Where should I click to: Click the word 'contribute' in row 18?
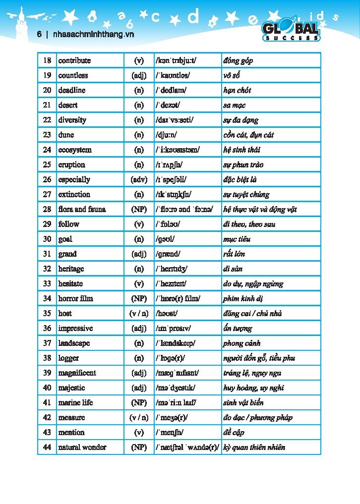pos(74,60)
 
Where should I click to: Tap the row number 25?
pos(47,165)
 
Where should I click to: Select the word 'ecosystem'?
pos(75,150)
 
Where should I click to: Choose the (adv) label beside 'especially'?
pos(139,179)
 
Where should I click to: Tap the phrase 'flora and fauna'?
pos(82,209)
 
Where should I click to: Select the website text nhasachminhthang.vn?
pos(93,35)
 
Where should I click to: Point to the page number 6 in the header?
pos(39,35)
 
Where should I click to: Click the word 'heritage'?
pos(71,269)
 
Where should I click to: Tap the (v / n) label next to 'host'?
pos(139,313)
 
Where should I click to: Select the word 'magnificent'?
pos(77,373)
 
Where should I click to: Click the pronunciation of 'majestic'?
pos(176,388)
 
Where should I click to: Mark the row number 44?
pos(47,447)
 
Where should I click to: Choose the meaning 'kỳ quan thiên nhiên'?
pos(254,447)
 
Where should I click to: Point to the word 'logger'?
pos(68,358)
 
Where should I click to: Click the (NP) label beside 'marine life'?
pos(139,402)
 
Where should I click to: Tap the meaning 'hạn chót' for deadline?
pos(237,90)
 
